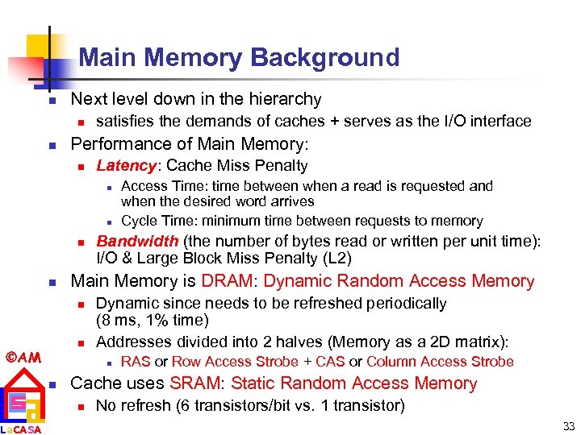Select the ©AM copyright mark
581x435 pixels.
click(23, 355)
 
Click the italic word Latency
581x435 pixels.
click(126, 166)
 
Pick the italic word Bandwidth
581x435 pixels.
click(137, 241)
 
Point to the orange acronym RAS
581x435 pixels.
click(136, 362)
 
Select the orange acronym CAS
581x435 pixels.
click(330, 362)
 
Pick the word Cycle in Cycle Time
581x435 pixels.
click(139, 221)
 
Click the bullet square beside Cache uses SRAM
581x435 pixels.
click(50, 385)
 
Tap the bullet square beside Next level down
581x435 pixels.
click(50, 101)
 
